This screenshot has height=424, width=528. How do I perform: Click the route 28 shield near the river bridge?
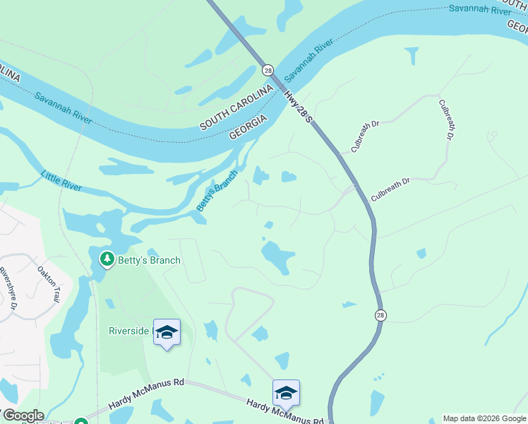point(268,70)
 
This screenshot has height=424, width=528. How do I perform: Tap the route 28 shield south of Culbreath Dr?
point(380,314)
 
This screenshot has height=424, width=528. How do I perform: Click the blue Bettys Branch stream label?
point(217,190)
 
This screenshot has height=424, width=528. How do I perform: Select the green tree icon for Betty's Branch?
point(107,259)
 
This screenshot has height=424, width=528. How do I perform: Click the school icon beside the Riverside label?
point(167,333)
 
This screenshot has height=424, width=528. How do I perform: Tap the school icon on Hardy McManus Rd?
point(286,393)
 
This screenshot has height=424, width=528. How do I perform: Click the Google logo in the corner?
point(23,416)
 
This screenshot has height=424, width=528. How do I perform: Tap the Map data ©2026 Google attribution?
point(484,418)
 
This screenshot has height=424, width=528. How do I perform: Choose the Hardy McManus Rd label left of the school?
point(146,394)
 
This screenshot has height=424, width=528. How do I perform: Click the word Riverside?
point(128,331)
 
